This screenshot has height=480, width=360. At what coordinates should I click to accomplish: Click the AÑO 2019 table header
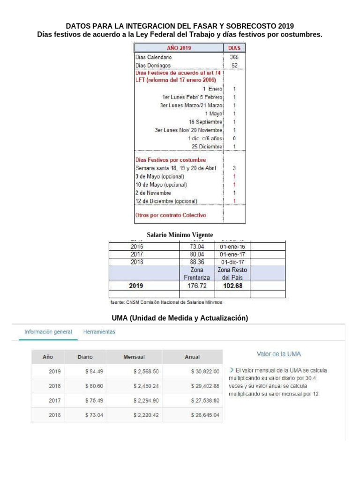pos(179,48)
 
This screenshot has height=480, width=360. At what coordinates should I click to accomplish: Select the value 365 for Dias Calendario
pos(234,57)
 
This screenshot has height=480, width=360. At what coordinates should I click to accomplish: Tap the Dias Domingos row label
pos(153,65)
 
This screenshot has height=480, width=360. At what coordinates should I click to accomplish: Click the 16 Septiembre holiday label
pos(205,121)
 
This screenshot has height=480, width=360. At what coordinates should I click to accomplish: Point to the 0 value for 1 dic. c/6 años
pos(234,138)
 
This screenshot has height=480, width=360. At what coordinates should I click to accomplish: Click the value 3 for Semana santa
pos(234,168)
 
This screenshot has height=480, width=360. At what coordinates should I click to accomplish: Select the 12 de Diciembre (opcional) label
pos(166,201)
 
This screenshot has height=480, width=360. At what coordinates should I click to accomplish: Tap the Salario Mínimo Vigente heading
pos(180,234)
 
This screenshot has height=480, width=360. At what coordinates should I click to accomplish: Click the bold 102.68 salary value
pos(232,285)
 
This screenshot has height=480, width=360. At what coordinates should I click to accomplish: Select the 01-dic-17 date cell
pos(232,262)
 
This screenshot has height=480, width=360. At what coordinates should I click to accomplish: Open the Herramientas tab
pos(99,332)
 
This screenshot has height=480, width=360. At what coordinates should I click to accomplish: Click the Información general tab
pos(48,332)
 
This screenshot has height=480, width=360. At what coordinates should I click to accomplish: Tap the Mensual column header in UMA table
pos(134,357)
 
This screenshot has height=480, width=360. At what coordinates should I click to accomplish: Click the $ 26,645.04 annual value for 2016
pos(205,415)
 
